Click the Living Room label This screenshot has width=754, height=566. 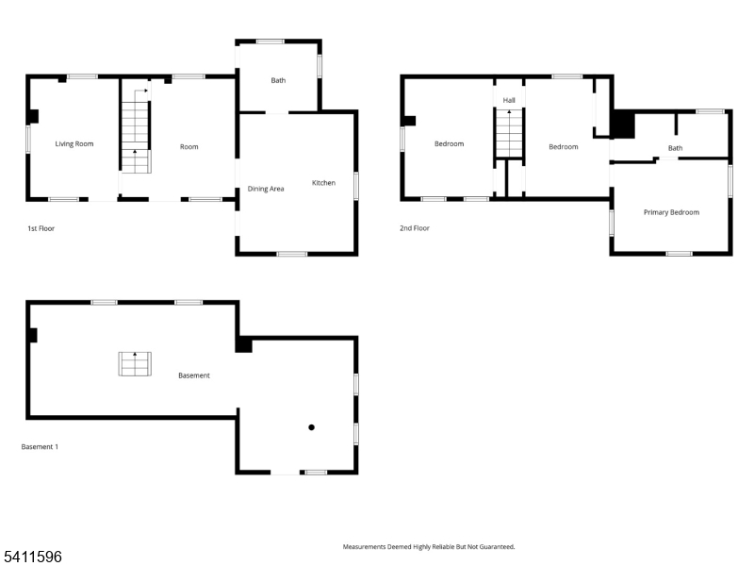point(74,144)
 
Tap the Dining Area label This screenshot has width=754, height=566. point(266,189)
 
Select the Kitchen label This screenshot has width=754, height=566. point(323,183)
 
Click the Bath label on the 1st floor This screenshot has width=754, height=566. point(278,81)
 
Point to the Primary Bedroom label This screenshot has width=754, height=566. point(671,212)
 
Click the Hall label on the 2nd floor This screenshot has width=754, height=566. point(509,100)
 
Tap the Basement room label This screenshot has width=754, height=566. point(194,375)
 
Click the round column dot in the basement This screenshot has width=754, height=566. point(311,427)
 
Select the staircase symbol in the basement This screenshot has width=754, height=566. point(135,363)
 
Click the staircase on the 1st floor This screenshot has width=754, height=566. point(136,127)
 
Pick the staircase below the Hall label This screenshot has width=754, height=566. point(509,134)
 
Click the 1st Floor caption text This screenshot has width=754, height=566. point(41,228)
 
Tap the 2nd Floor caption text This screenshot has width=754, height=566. point(415,228)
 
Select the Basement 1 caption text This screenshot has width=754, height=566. point(40,446)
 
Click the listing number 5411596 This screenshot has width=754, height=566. point(32,558)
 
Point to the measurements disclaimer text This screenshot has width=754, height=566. point(428,546)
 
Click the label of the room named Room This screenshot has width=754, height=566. point(189,146)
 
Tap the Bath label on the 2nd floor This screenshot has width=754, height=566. point(675,148)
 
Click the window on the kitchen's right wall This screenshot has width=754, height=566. point(355,185)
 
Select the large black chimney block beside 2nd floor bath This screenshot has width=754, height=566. point(623,125)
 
